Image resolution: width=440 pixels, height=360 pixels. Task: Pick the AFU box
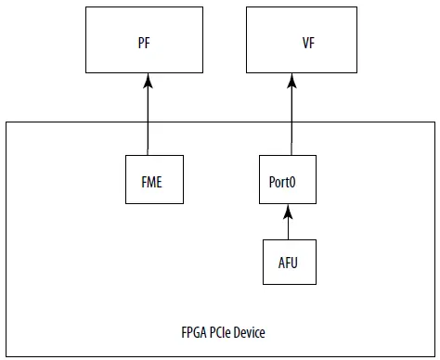[x=289, y=263]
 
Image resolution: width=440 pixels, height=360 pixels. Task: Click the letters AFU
[x=289, y=264]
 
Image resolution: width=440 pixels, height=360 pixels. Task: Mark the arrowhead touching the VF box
[x=291, y=80]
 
